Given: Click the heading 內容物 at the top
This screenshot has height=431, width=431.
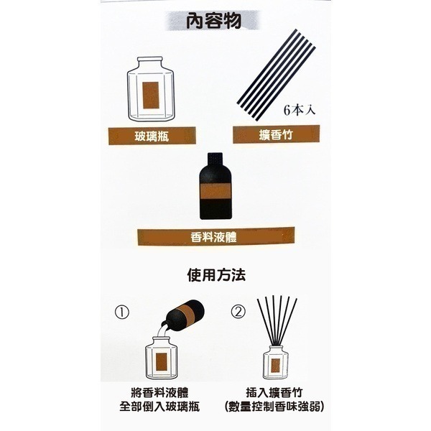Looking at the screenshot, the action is click(213, 21).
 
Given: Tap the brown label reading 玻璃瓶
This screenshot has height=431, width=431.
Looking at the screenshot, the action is click(152, 136).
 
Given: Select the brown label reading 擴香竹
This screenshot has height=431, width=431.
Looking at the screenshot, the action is click(276, 134).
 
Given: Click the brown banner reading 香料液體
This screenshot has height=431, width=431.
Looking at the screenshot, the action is click(215, 236).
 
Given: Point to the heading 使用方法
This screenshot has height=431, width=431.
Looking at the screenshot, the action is click(216, 275).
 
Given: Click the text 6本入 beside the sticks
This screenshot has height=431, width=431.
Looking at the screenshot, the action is click(300, 111).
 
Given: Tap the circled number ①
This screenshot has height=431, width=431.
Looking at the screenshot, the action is click(122, 312).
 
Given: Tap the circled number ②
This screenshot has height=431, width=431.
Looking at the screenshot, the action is click(238, 312).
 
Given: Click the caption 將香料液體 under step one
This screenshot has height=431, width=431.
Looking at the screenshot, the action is click(159, 393).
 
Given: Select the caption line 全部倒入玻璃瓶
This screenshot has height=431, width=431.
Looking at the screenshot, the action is click(159, 407).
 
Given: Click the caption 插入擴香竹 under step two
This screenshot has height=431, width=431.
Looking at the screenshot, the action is click(274, 392).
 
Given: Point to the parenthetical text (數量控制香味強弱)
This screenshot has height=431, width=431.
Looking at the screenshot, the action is click(274, 407).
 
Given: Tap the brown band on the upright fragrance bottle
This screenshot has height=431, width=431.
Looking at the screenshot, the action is click(215, 191).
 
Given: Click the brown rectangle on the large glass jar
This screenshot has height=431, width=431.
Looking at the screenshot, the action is click(151, 95).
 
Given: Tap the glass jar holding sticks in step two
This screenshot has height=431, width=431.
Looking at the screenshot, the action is click(276, 362).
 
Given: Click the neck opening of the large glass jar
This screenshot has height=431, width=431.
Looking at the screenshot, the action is click(150, 59).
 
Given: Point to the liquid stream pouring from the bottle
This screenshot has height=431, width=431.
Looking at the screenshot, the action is click(163, 330).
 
